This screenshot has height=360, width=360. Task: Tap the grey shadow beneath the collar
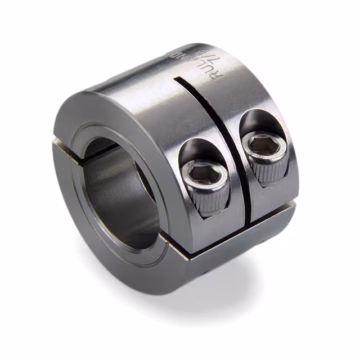pos(236,287)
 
